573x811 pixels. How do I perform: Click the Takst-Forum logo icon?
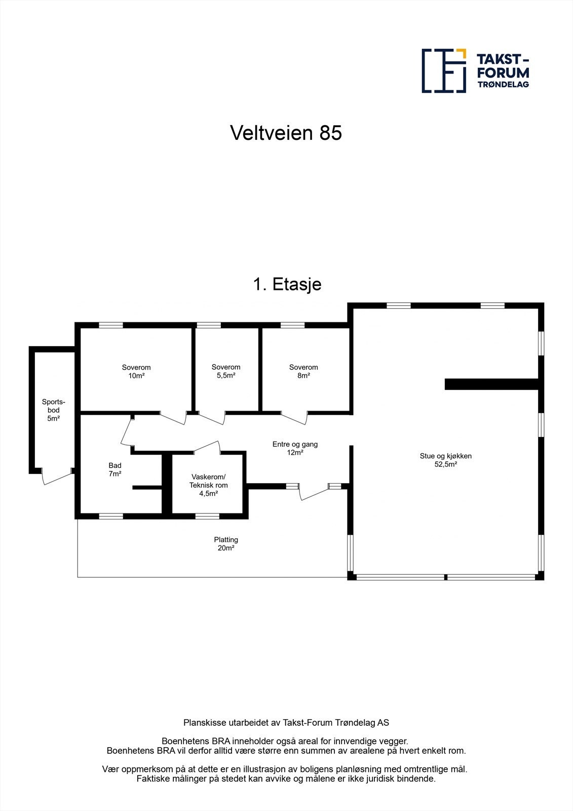(444, 70)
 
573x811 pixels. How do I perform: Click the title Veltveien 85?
(286, 133)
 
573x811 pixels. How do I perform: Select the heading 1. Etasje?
(287, 284)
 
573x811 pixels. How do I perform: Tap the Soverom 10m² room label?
(136, 372)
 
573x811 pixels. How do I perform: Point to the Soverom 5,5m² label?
(226, 371)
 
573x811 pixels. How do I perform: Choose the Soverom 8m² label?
(303, 371)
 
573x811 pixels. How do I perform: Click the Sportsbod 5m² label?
(54, 410)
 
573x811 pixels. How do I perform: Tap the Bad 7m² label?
(115, 469)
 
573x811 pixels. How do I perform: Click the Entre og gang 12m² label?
(295, 448)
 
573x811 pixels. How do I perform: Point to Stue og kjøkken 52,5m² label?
(445, 460)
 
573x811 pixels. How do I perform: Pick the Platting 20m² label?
(226, 543)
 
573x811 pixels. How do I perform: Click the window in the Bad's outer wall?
(111, 516)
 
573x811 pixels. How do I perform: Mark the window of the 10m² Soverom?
(111, 325)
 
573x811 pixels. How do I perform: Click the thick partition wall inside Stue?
(490, 384)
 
